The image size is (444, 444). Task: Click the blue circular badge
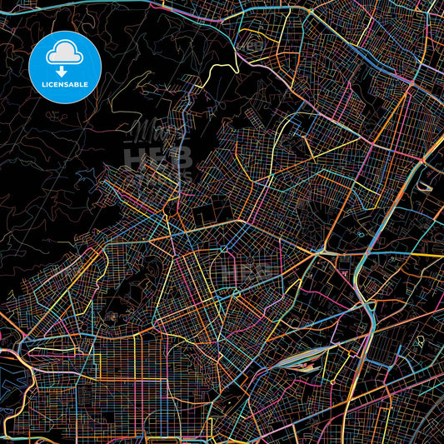coord(65,66)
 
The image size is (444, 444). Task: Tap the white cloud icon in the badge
coord(65,53)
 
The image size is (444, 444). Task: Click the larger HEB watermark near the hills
coord(158,157)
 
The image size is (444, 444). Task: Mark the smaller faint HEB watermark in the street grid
coord(251,272)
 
